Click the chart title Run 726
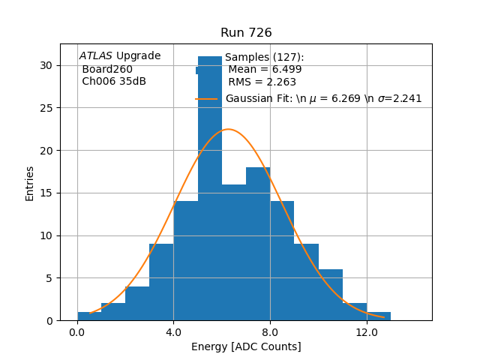tap(246, 33)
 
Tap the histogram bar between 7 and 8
tap(258, 247)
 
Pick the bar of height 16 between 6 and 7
tap(234, 255)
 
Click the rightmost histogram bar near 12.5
tap(379, 316)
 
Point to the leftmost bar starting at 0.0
tap(89, 316)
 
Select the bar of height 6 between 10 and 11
tap(331, 295)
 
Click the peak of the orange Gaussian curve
tap(228, 129)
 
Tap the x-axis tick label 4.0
tap(173, 332)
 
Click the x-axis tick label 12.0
tap(367, 332)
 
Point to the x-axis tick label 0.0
tap(77, 332)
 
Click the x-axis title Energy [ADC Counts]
tap(246, 346)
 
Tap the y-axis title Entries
tap(30, 183)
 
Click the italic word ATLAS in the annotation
tap(96, 56)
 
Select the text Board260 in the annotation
tap(107, 69)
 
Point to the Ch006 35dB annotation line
tap(114, 81)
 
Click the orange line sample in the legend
tap(206, 99)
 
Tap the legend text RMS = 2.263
tap(262, 82)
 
